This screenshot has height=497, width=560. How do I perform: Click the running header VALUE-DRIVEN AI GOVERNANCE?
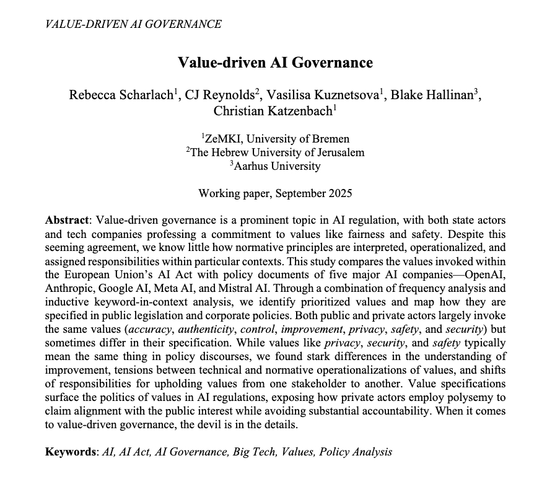pyautogui.click(x=133, y=25)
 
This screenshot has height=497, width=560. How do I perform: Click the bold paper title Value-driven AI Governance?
pyautogui.click(x=275, y=63)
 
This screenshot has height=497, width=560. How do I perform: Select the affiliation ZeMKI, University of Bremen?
pyautogui.click(x=276, y=139)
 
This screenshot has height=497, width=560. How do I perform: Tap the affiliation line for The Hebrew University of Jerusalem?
pyautogui.click(x=276, y=152)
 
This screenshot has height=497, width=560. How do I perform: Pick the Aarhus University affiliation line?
pyautogui.click(x=276, y=166)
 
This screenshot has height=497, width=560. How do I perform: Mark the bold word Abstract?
pyautogui.click(x=68, y=221)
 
